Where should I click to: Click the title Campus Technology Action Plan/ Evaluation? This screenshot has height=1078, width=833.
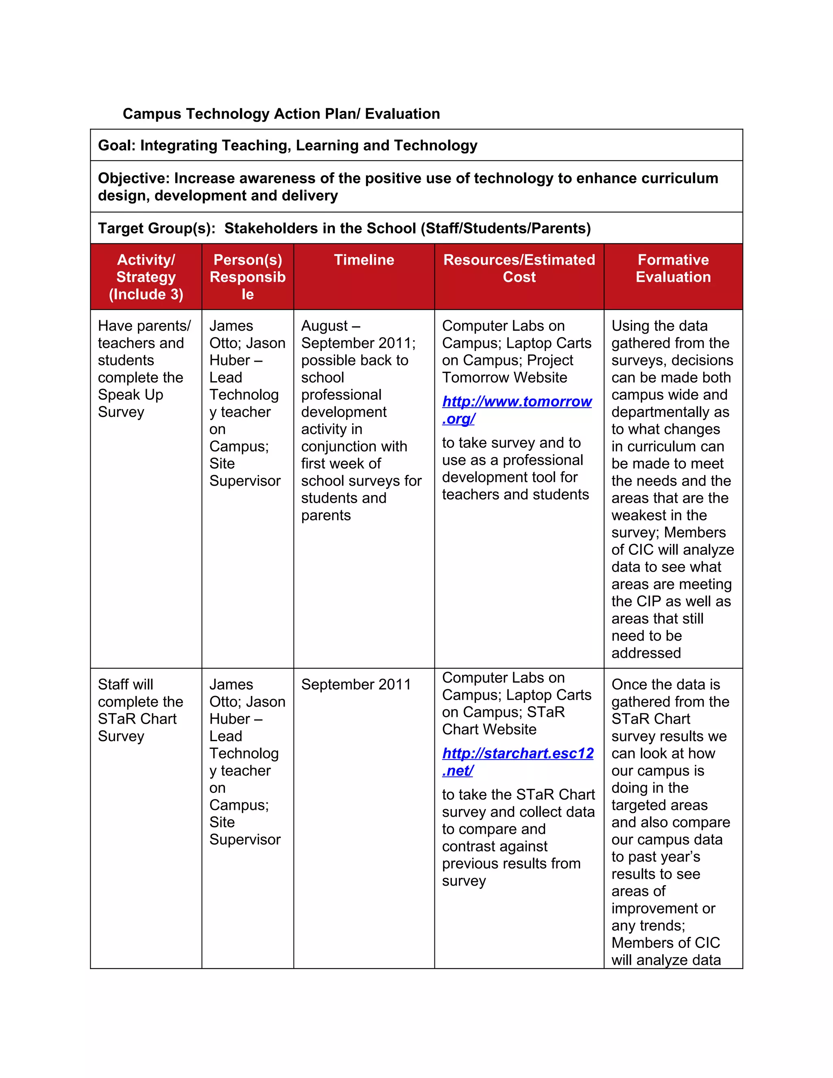tap(281, 114)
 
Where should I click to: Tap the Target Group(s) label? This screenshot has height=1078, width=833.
tap(157, 229)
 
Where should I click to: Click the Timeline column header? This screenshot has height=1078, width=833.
tap(364, 260)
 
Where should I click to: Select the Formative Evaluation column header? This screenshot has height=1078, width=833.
tap(673, 268)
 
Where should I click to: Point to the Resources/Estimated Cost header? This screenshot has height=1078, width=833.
tap(519, 268)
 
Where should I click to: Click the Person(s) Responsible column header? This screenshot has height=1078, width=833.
tap(247, 277)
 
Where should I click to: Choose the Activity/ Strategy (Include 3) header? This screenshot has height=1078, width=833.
tap(146, 277)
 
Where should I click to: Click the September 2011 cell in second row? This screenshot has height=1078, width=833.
tap(356, 685)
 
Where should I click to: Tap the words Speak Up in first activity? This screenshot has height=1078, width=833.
tap(130, 395)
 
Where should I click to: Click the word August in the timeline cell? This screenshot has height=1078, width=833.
tap(324, 326)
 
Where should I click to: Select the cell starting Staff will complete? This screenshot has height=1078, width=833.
tap(140, 710)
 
